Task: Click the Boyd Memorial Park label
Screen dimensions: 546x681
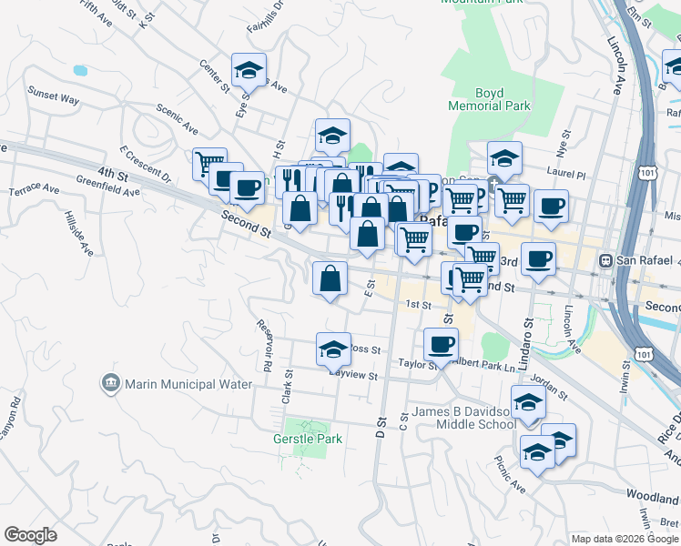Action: click(489, 99)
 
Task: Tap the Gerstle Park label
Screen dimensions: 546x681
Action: click(308, 439)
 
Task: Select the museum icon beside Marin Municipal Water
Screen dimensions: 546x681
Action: click(111, 383)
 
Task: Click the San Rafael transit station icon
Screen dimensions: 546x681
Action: click(605, 260)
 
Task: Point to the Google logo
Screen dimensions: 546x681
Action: click(30, 535)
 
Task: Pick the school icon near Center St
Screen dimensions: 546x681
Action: click(248, 70)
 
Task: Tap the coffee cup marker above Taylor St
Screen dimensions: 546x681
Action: click(441, 343)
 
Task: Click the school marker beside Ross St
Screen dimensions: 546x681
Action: click(333, 349)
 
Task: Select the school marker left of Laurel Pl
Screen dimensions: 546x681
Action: click(504, 157)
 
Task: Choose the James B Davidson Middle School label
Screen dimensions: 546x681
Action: click(463, 418)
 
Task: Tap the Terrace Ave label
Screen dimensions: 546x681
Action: click(34, 191)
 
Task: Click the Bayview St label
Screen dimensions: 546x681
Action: click(352, 374)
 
